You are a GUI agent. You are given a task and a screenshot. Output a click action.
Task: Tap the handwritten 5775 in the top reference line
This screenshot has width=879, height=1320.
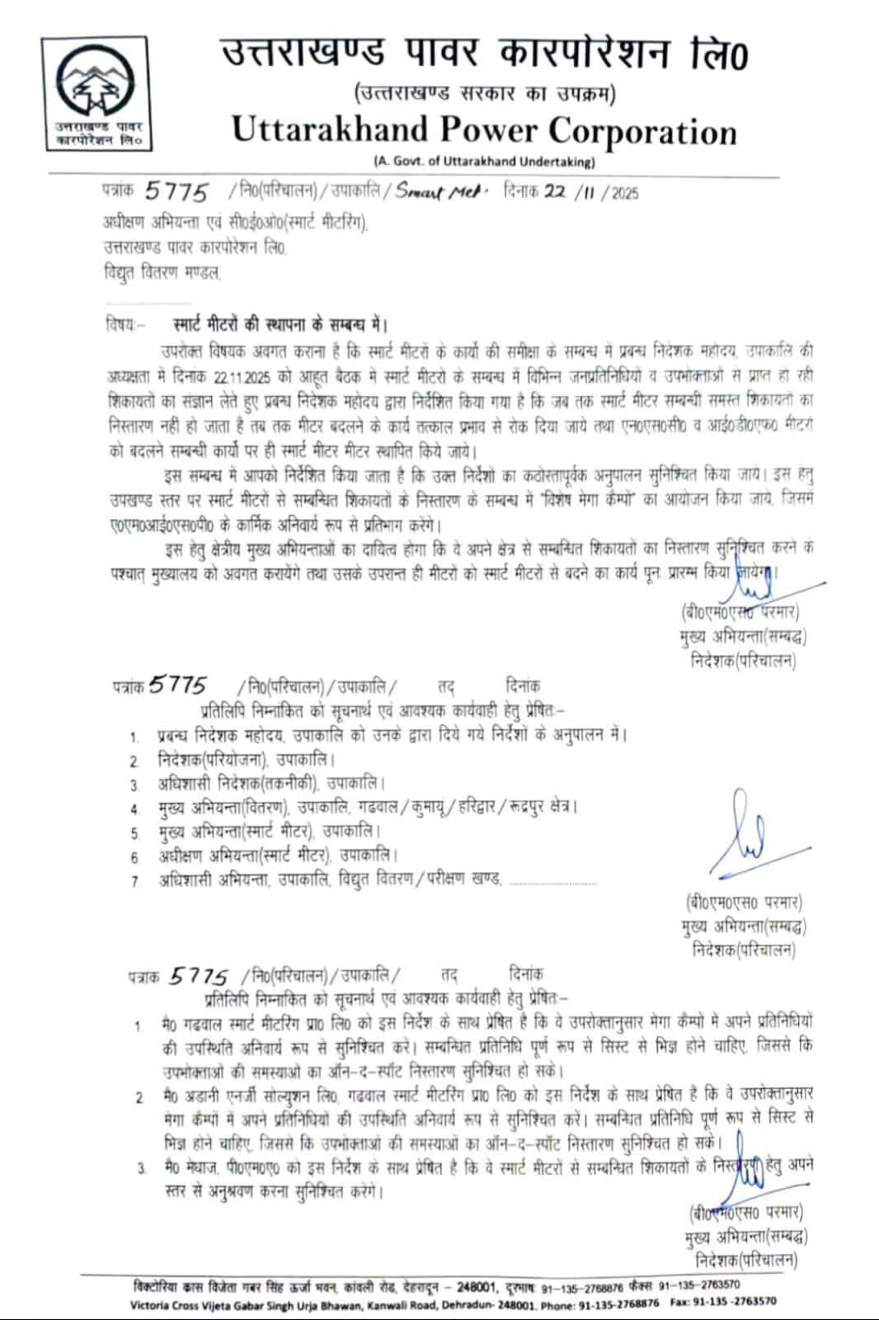pos(176,191)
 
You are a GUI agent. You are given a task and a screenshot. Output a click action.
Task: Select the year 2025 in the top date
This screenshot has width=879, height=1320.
pos(624,193)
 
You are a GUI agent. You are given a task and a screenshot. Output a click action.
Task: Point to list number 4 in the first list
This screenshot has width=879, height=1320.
pos(134,808)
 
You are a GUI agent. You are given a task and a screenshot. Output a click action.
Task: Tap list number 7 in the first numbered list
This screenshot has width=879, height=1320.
pos(134,882)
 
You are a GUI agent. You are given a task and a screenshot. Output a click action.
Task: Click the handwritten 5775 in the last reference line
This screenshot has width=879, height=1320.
pos(198,976)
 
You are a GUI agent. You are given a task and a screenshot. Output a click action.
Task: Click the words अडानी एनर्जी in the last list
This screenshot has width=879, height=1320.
pos(227,1093)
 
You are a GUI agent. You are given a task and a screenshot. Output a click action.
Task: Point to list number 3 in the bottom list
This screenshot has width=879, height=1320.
pos(141,1167)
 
